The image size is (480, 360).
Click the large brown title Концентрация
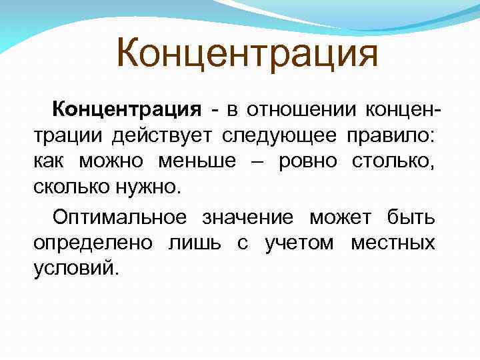(247, 54)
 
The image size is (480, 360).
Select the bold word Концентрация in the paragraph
(127, 109)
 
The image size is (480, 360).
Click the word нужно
(150, 187)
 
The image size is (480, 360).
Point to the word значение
(247, 217)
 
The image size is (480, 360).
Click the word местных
(393, 243)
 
